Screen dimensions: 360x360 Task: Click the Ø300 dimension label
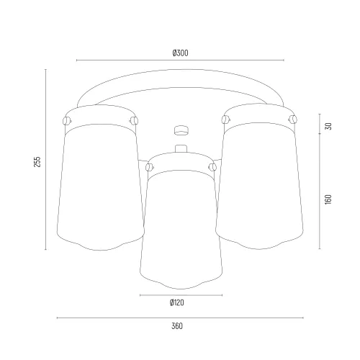[181, 53]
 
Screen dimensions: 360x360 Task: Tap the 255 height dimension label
[37, 162]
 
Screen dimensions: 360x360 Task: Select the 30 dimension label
[328, 126]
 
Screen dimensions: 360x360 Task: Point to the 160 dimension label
[328, 199]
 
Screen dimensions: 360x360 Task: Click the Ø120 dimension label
[177, 302]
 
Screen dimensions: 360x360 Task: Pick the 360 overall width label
[177, 326]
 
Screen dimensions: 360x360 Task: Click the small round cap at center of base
[181, 130]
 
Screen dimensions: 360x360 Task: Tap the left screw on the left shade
[67, 120]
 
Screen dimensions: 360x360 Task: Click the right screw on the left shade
[134, 120]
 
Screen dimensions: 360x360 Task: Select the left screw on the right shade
[225, 119]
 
